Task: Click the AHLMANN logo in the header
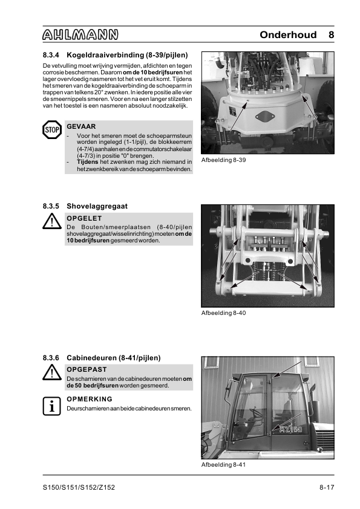80,34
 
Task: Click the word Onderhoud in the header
288,34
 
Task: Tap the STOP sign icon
52,130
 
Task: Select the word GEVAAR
81,126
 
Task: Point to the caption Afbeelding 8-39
223,160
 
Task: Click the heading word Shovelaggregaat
97,207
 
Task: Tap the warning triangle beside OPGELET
52,221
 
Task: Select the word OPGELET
84,218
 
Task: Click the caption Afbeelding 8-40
223,313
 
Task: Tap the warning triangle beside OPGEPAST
52,372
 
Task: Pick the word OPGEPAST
87,369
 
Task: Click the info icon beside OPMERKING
51,406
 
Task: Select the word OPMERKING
90,399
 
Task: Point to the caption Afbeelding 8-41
223,465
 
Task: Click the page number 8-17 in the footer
327,488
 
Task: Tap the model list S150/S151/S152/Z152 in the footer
79,488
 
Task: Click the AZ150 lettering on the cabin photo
291,429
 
